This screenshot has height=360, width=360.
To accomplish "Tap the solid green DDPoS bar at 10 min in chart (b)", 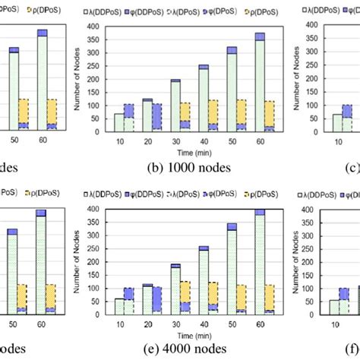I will pyautogui.click(x=118, y=123).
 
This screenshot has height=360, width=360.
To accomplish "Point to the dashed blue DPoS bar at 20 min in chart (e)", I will pyautogui.click(x=157, y=299).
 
